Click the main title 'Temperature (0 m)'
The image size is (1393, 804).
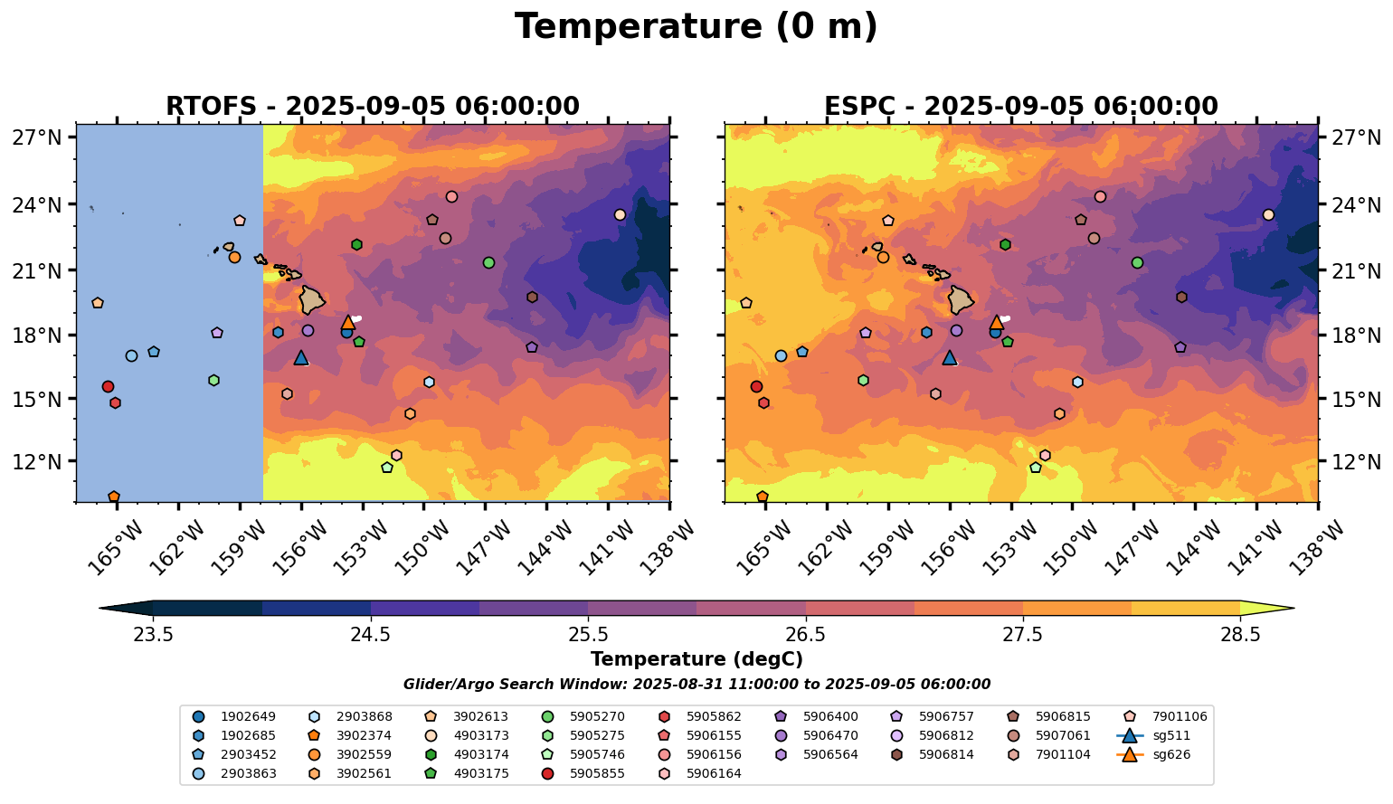point(696,27)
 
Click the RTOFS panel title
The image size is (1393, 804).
point(372,107)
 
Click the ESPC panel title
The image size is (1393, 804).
point(1021,107)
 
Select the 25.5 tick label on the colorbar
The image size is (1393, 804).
point(588,634)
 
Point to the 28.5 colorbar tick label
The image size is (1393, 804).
point(1240,634)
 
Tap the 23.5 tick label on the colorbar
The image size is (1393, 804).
point(153,634)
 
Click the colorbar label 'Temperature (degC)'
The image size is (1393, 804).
point(696,659)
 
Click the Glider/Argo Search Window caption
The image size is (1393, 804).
point(696,685)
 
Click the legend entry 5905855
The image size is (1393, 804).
point(597,773)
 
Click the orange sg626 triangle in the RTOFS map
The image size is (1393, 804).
point(348,323)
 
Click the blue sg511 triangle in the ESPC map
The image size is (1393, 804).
point(949,358)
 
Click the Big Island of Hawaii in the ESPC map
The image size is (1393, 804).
point(962,299)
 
